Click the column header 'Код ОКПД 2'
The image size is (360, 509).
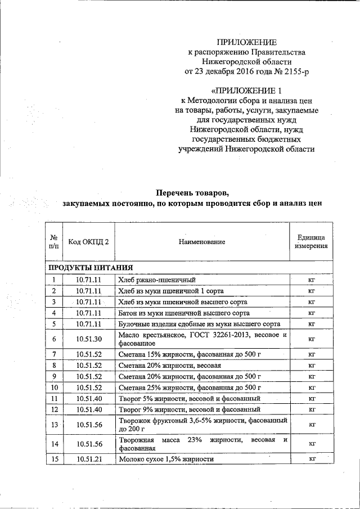pos(89,242)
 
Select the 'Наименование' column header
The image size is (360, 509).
pos(202,242)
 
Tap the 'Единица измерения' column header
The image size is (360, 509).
pos(310,242)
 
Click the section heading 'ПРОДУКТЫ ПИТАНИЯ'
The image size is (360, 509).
pos(91,268)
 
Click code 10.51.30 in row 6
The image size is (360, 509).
pos(89,339)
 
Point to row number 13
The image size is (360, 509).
pos(54,424)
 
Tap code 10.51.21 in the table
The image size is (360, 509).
pos(89,459)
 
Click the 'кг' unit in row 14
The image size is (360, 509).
pos(310,444)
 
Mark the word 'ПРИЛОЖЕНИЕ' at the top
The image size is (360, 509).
pos(247,42)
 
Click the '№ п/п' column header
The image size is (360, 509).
pos(54,242)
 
